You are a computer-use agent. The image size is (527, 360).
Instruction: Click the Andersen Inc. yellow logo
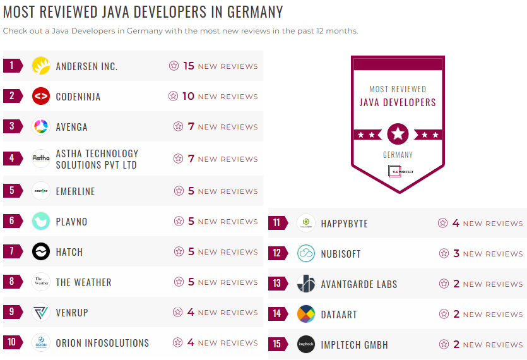[x=41, y=66]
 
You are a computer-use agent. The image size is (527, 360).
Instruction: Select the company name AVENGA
[x=71, y=127]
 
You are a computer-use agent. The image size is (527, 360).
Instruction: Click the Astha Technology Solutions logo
[x=41, y=159]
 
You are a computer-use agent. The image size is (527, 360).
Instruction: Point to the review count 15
[x=189, y=66]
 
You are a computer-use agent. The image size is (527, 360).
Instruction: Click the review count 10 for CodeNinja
[x=189, y=96]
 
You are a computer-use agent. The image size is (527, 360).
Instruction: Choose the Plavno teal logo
[x=41, y=221]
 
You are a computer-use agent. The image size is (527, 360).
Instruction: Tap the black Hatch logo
[x=41, y=251]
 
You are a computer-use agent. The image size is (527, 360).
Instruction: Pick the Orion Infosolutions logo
[x=41, y=343]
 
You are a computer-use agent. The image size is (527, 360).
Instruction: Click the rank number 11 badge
[x=277, y=223]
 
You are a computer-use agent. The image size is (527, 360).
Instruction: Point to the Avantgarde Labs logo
[x=306, y=284]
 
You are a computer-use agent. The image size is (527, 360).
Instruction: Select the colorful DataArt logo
[x=306, y=314]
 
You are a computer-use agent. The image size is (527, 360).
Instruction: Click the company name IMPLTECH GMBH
[x=354, y=345]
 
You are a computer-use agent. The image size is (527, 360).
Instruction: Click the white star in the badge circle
[x=398, y=134]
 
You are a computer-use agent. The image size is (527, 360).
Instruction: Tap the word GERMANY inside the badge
[x=398, y=155]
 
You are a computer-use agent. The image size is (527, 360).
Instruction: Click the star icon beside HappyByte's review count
[x=443, y=223]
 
